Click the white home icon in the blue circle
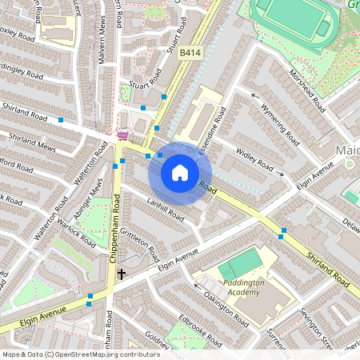[x=180, y=173]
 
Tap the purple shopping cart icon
[x=122, y=135]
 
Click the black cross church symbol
[x=122, y=274]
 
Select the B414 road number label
[x=189, y=53]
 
